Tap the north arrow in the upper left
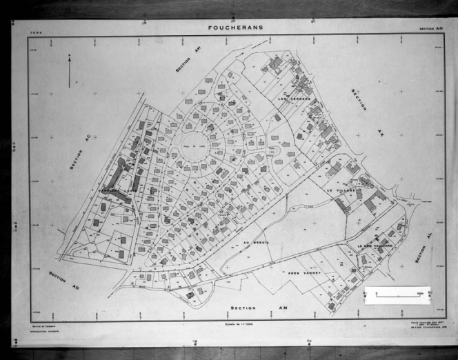(x=69, y=71)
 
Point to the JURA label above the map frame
(x=35, y=32)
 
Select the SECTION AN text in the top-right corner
(x=433, y=29)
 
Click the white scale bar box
(x=397, y=294)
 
